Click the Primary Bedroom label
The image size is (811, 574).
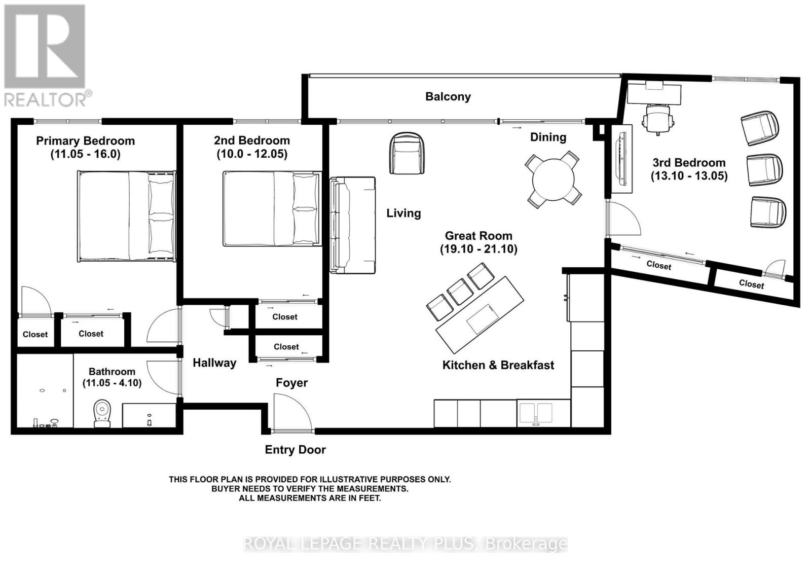[85, 141]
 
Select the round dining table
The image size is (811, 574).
[552, 179]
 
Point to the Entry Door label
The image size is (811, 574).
[295, 450]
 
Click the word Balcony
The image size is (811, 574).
[448, 96]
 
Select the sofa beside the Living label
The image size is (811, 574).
[353, 225]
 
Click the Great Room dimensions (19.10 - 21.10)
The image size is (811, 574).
[478, 249]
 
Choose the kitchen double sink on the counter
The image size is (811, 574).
[536, 413]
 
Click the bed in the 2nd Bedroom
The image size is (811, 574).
[272, 208]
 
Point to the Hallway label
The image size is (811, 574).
[214, 363]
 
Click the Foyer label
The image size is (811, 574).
[291, 383]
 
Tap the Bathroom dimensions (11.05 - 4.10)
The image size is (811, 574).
[112, 383]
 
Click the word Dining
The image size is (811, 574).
[548, 137]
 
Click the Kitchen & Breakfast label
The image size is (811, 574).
[498, 365]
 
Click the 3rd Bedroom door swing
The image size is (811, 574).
[622, 218]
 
